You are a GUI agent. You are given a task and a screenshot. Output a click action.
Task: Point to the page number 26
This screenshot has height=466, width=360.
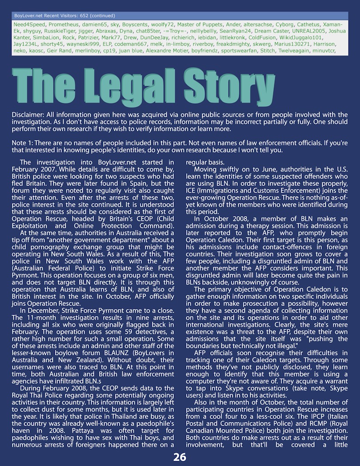pos(180,457)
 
